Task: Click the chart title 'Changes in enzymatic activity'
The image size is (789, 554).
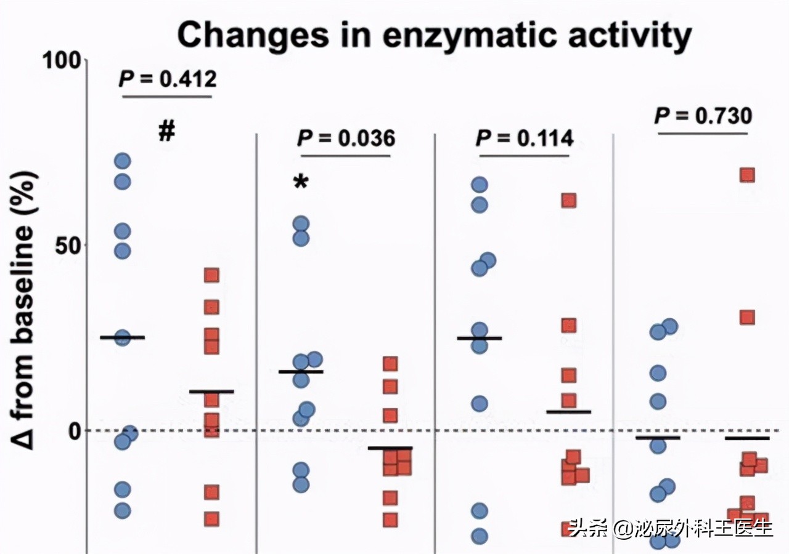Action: [434, 36]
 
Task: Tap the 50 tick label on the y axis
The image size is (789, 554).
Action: [67, 245]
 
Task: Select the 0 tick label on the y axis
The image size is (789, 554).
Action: [75, 430]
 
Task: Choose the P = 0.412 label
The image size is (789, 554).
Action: [167, 79]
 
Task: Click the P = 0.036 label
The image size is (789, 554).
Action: [346, 138]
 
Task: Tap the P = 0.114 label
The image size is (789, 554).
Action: [524, 138]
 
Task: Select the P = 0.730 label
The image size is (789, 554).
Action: [703, 115]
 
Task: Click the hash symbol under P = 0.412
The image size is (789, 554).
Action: [167, 130]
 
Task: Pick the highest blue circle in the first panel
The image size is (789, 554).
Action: [123, 161]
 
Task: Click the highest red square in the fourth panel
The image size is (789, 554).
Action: [747, 175]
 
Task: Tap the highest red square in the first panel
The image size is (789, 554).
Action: [211, 275]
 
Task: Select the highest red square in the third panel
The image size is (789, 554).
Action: [568, 200]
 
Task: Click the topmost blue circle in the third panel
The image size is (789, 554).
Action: [480, 185]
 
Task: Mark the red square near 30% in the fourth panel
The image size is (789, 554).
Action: [747, 317]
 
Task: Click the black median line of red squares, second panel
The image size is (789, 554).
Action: [390, 448]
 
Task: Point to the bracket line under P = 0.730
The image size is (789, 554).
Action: [703, 133]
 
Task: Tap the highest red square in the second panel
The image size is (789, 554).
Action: [390, 363]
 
